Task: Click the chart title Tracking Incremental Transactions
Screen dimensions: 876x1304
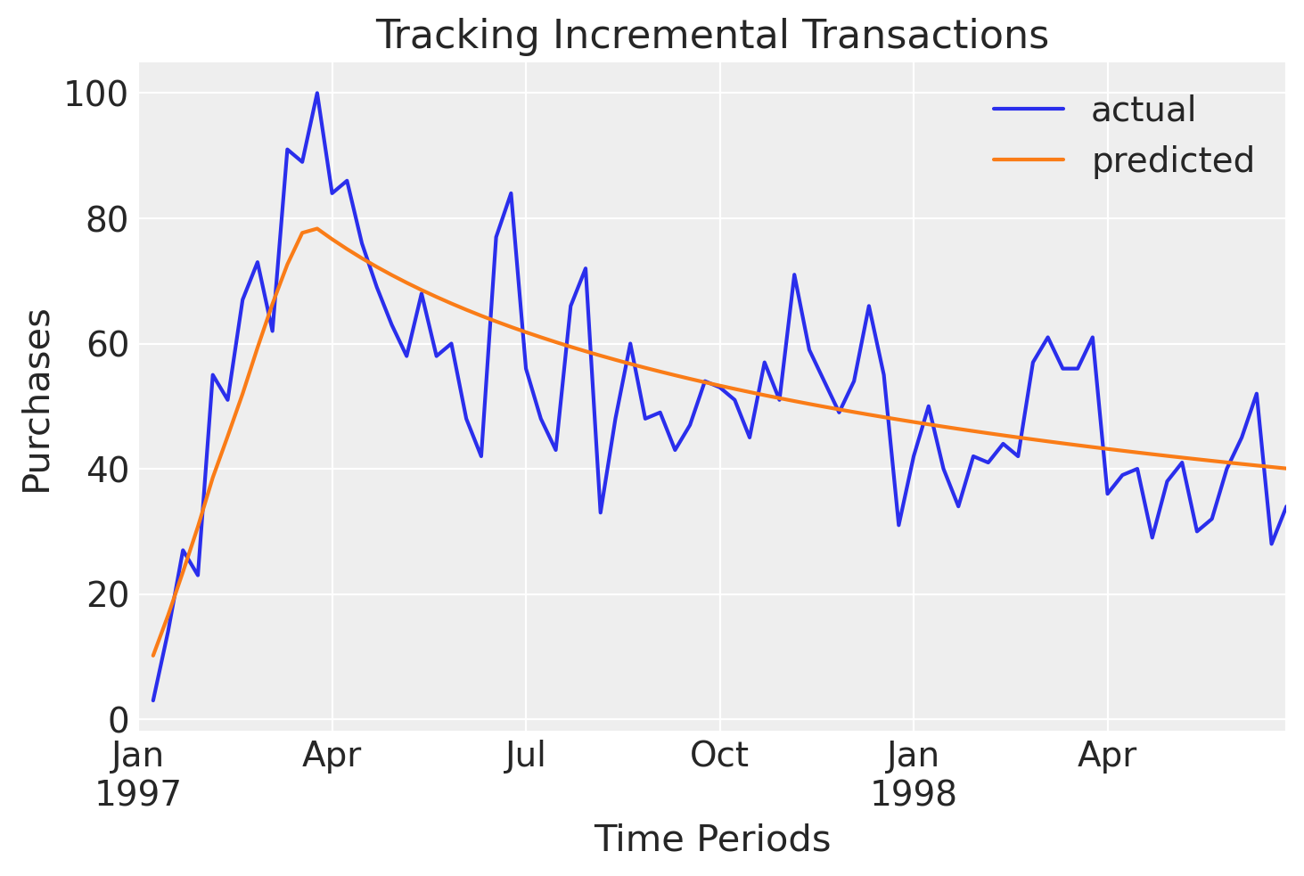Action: (x=711, y=35)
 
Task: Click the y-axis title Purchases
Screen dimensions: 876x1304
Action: (x=37, y=400)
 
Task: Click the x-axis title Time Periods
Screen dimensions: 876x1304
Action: (x=711, y=839)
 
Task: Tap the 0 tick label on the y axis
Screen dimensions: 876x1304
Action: (x=118, y=720)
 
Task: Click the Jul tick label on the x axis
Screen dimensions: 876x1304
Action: (x=526, y=756)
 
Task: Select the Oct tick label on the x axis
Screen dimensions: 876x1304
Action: (x=719, y=756)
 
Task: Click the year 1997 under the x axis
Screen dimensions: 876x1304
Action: (x=138, y=793)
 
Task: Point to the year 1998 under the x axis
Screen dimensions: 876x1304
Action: (x=913, y=793)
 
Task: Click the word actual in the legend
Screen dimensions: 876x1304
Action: (x=1143, y=110)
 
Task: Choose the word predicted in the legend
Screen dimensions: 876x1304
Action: (x=1172, y=160)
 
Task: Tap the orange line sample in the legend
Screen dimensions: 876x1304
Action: (x=1029, y=160)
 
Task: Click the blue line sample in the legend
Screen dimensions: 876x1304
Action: (x=1029, y=110)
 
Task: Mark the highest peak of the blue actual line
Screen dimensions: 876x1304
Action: (x=316, y=93)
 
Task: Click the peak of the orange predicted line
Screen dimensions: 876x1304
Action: (x=316, y=229)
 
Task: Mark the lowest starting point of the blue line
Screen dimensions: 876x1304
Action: (x=153, y=700)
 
